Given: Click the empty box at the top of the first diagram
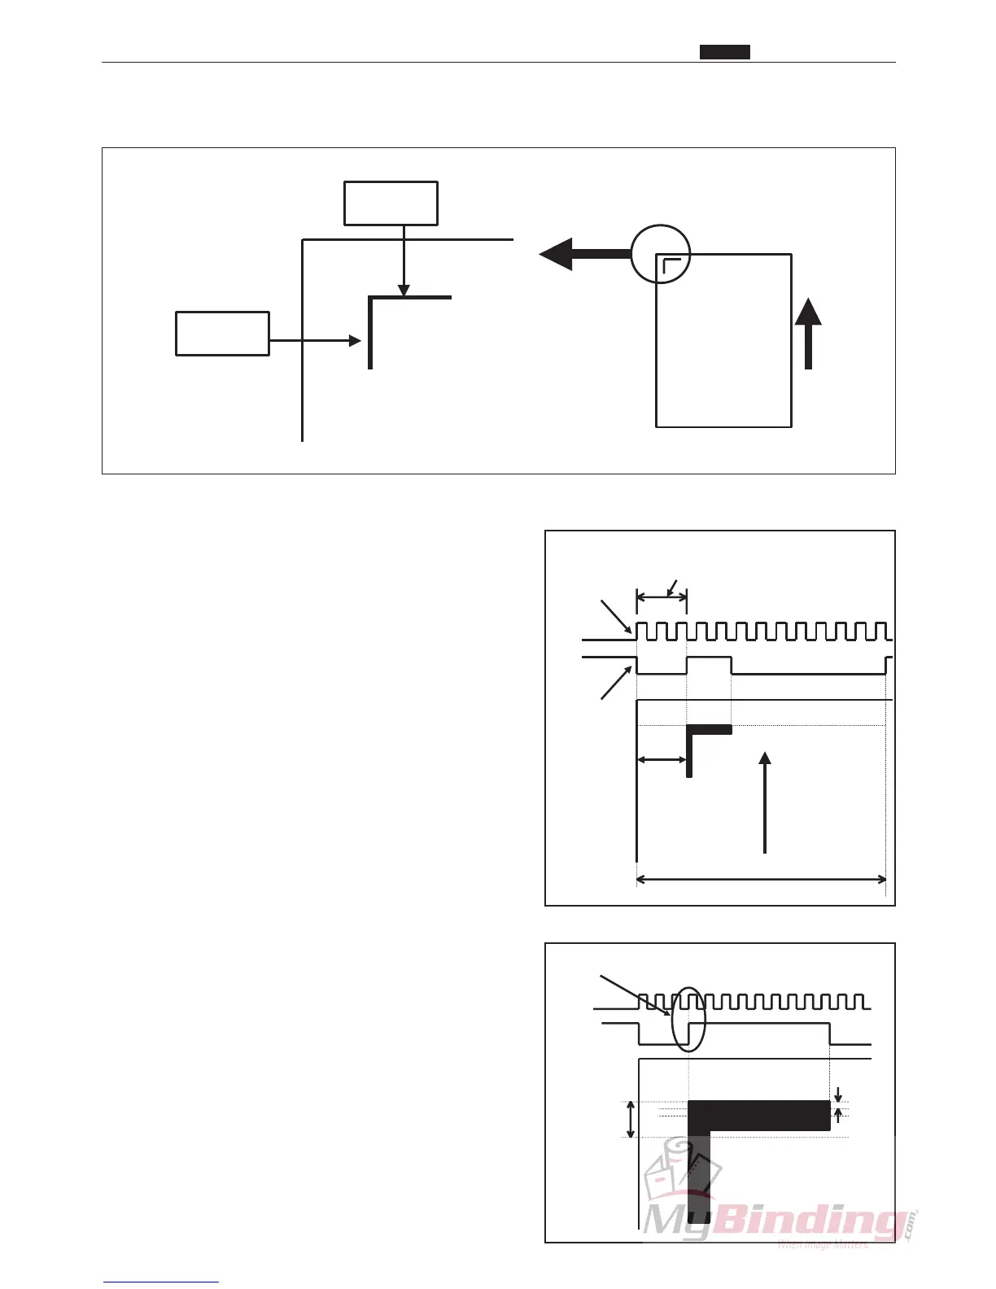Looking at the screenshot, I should (x=391, y=203).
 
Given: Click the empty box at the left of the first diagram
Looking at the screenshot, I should (x=222, y=334).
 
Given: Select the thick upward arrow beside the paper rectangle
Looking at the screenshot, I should (x=808, y=334).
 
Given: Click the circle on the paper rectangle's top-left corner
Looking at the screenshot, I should (x=661, y=254).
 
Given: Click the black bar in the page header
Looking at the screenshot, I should (x=725, y=52).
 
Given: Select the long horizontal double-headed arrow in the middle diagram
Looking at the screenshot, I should (x=761, y=879).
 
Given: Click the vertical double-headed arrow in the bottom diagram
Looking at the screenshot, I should (x=631, y=1119).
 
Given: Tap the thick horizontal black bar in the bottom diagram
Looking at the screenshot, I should (x=759, y=1115).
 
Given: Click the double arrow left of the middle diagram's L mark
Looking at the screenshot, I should (x=662, y=760).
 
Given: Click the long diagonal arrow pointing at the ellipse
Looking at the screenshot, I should (x=635, y=995).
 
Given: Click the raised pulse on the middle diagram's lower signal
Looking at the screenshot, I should (x=709, y=658).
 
